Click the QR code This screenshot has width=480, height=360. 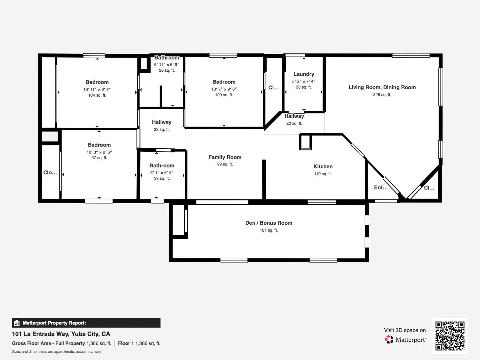coord(450,336)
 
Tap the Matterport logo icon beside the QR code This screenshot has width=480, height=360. coord(389,340)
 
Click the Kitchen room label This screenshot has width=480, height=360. coord(323,166)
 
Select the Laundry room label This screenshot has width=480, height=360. coord(304,74)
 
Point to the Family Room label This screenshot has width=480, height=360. coord(225,157)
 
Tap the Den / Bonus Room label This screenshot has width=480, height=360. coord(269,223)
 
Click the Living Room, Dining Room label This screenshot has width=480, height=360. coord(382,87)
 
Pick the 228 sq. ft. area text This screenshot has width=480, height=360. coord(382,95)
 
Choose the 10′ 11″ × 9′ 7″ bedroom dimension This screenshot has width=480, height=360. coord(97,89)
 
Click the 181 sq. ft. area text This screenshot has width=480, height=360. coord(269,230)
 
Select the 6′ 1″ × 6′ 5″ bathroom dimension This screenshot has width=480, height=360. coord(162,172)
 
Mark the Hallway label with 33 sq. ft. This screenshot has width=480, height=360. coord(162,122)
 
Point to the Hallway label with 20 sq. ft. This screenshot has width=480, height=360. coord(294,116)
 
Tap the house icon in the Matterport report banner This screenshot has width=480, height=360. coord(17,323)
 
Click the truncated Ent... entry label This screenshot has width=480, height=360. coord(381,188)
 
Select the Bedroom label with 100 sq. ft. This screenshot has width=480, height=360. coord(224,82)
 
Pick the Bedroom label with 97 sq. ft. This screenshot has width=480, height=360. coord(99,145)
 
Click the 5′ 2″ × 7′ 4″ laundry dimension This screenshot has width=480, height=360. coord(304,81)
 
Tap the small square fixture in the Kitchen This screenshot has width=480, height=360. coord(305,142)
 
